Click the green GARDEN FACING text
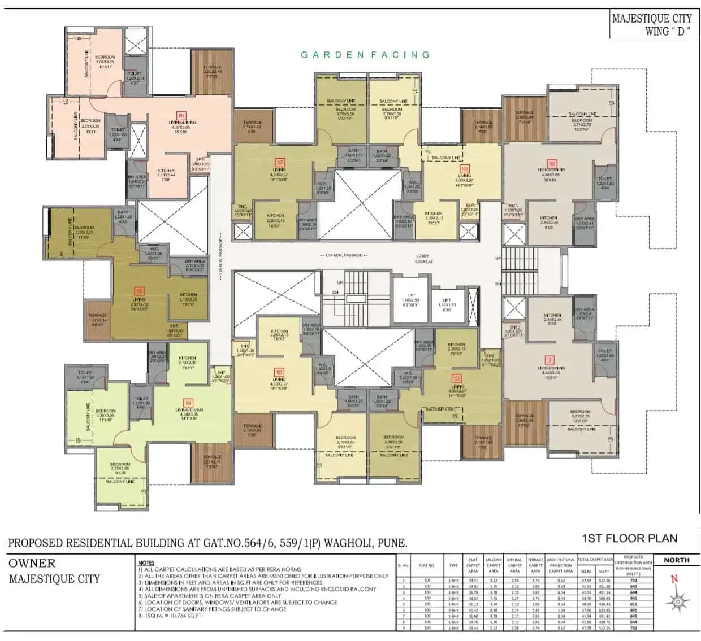pyautogui.click(x=365, y=55)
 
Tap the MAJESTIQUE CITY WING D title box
pyautogui.click(x=652, y=25)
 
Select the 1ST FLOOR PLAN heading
pyautogui.click(x=629, y=538)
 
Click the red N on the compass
pyautogui.click(x=674, y=579)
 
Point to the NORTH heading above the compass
pyautogui.click(x=676, y=560)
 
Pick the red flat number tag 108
pyautogui.click(x=464, y=169)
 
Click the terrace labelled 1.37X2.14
pyautogui.click(x=97, y=320)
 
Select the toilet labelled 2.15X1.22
pyautogui.click(x=85, y=377)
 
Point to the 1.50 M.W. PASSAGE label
pyautogui.click(x=344, y=256)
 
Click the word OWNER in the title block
pyautogui.click(x=32, y=563)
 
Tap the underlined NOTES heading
pyautogui.click(x=146, y=562)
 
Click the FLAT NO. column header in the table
pyautogui.click(x=427, y=565)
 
